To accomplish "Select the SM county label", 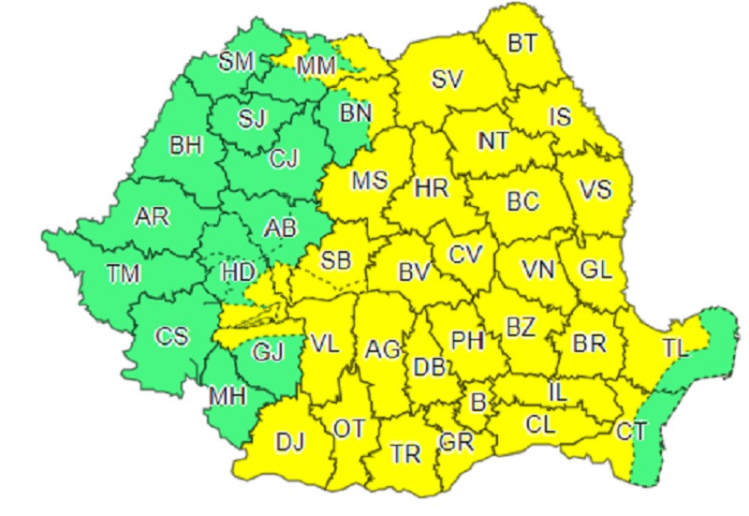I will point(236,63).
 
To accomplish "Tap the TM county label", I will point(122,273).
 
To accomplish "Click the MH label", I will point(227,395).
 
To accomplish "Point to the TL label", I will point(675,349).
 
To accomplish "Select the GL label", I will point(595,270).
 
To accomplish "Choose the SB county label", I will point(335,259).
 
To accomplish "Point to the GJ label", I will point(267,352).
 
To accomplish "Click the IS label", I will point(560,117).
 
